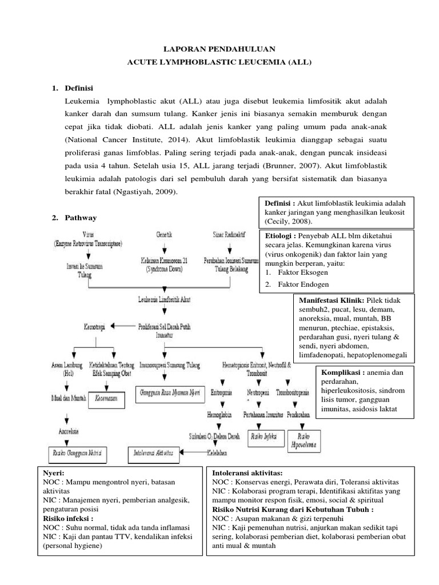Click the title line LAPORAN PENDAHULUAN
[219, 49]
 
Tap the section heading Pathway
[81, 218]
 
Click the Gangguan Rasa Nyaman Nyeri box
[170, 392]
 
